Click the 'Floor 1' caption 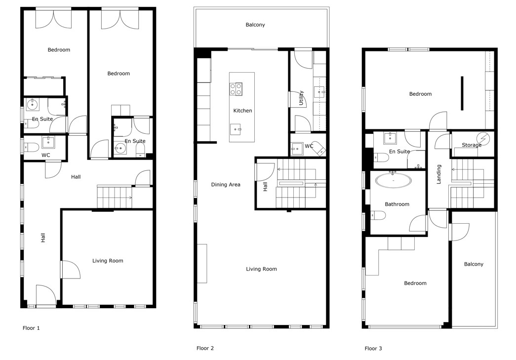(x=31, y=328)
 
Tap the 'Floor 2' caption (x=205, y=348)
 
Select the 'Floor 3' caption (x=373, y=349)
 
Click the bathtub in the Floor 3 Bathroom (x=393, y=180)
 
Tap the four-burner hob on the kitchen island (x=236, y=89)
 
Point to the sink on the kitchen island (x=236, y=129)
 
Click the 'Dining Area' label (x=226, y=185)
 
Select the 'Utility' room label (x=301, y=98)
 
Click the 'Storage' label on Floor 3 (x=472, y=145)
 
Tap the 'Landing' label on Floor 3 (x=438, y=174)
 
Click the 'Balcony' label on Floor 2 (x=255, y=25)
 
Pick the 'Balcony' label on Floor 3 (x=474, y=264)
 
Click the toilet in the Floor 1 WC (x=30, y=147)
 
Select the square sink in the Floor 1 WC (x=48, y=143)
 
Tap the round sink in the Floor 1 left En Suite (x=32, y=105)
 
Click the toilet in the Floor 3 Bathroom (x=378, y=215)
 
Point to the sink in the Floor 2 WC (x=297, y=149)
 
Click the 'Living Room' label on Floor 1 (x=108, y=261)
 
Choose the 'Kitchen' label (x=242, y=111)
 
